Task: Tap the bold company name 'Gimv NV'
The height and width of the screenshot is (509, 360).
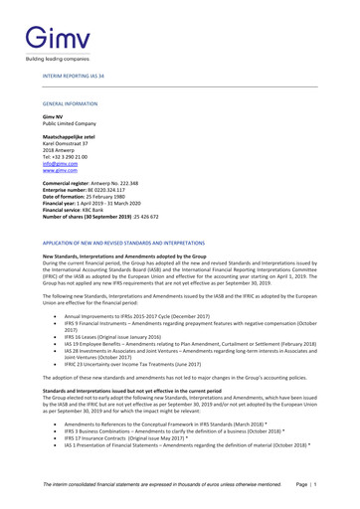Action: (52, 116)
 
